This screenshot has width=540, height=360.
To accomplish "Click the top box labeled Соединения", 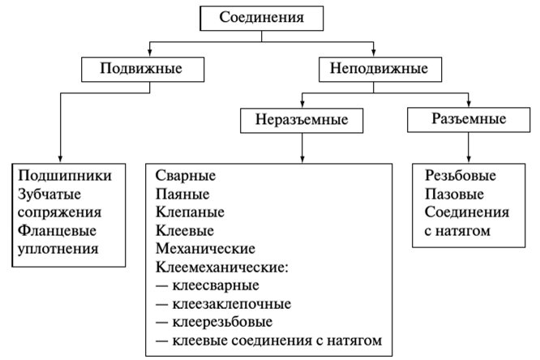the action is [x=261, y=19].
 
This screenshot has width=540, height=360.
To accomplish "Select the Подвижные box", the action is [x=143, y=69].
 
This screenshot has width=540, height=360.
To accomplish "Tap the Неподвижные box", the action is [x=380, y=69].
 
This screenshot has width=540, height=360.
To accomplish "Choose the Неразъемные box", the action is [x=302, y=120].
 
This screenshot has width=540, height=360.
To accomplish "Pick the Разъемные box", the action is [x=469, y=119].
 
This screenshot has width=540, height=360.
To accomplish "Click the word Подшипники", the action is [x=65, y=176].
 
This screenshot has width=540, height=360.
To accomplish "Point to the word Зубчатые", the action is [x=49, y=194].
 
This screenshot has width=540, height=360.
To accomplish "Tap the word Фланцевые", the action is [x=57, y=230].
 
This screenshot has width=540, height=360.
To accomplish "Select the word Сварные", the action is [x=186, y=176].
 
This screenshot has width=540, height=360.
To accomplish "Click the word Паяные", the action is [x=182, y=194].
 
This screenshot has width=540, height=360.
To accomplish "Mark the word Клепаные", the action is [x=190, y=212].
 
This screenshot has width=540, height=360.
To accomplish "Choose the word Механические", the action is [x=206, y=249].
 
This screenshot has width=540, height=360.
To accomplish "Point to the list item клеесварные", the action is [x=216, y=285].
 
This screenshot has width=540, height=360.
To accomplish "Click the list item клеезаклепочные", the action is [x=232, y=304].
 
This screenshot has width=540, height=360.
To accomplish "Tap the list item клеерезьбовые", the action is [x=222, y=322].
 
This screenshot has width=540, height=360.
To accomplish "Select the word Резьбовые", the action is [x=461, y=176].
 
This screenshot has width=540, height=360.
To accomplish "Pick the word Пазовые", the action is [x=454, y=194].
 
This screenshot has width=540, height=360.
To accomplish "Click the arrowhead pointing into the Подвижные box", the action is [x=150, y=53].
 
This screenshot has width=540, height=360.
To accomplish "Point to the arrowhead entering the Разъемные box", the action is [x=469, y=103].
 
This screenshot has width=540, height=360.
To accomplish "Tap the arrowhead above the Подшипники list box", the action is [x=60, y=159].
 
